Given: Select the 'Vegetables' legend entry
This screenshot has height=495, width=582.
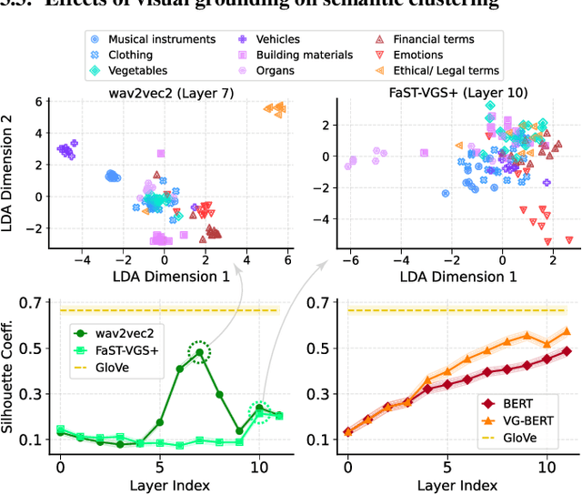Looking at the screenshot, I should pos(142,70).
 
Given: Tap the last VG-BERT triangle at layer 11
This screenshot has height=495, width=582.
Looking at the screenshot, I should pos(566,331).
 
